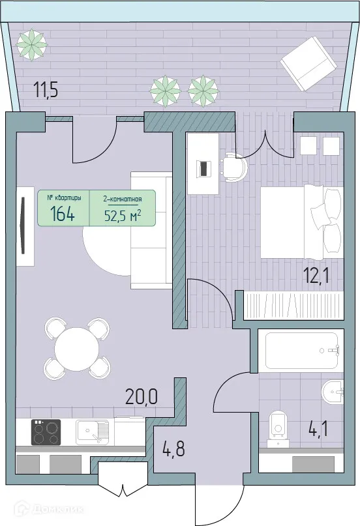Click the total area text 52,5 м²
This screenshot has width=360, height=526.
[123, 214]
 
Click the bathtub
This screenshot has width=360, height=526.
[300, 351]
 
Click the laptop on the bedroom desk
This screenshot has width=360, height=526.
[205, 168]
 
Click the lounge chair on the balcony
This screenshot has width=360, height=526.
[308, 63]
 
